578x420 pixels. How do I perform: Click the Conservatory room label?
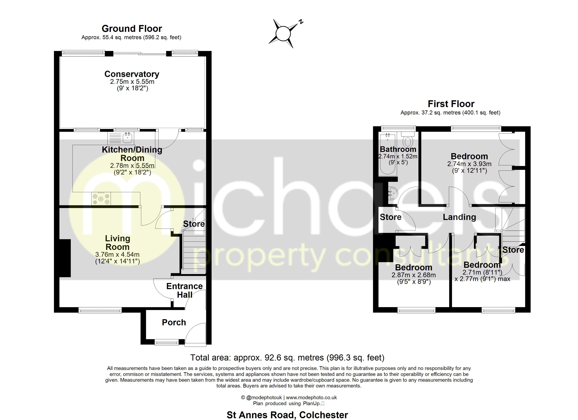pos(132,74)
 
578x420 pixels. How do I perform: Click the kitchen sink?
pos(127,138)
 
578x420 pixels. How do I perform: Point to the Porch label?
pos(174,323)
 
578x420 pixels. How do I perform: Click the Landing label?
pos(459,217)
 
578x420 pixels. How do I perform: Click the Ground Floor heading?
pos(132,29)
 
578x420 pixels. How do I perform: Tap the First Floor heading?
pos(451,104)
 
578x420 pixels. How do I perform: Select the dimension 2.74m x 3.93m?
pos(469,164)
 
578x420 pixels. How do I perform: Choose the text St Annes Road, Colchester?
pos(287,415)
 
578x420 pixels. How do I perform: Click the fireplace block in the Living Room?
pos(65,258)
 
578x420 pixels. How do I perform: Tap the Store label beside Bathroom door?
pos(390,217)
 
